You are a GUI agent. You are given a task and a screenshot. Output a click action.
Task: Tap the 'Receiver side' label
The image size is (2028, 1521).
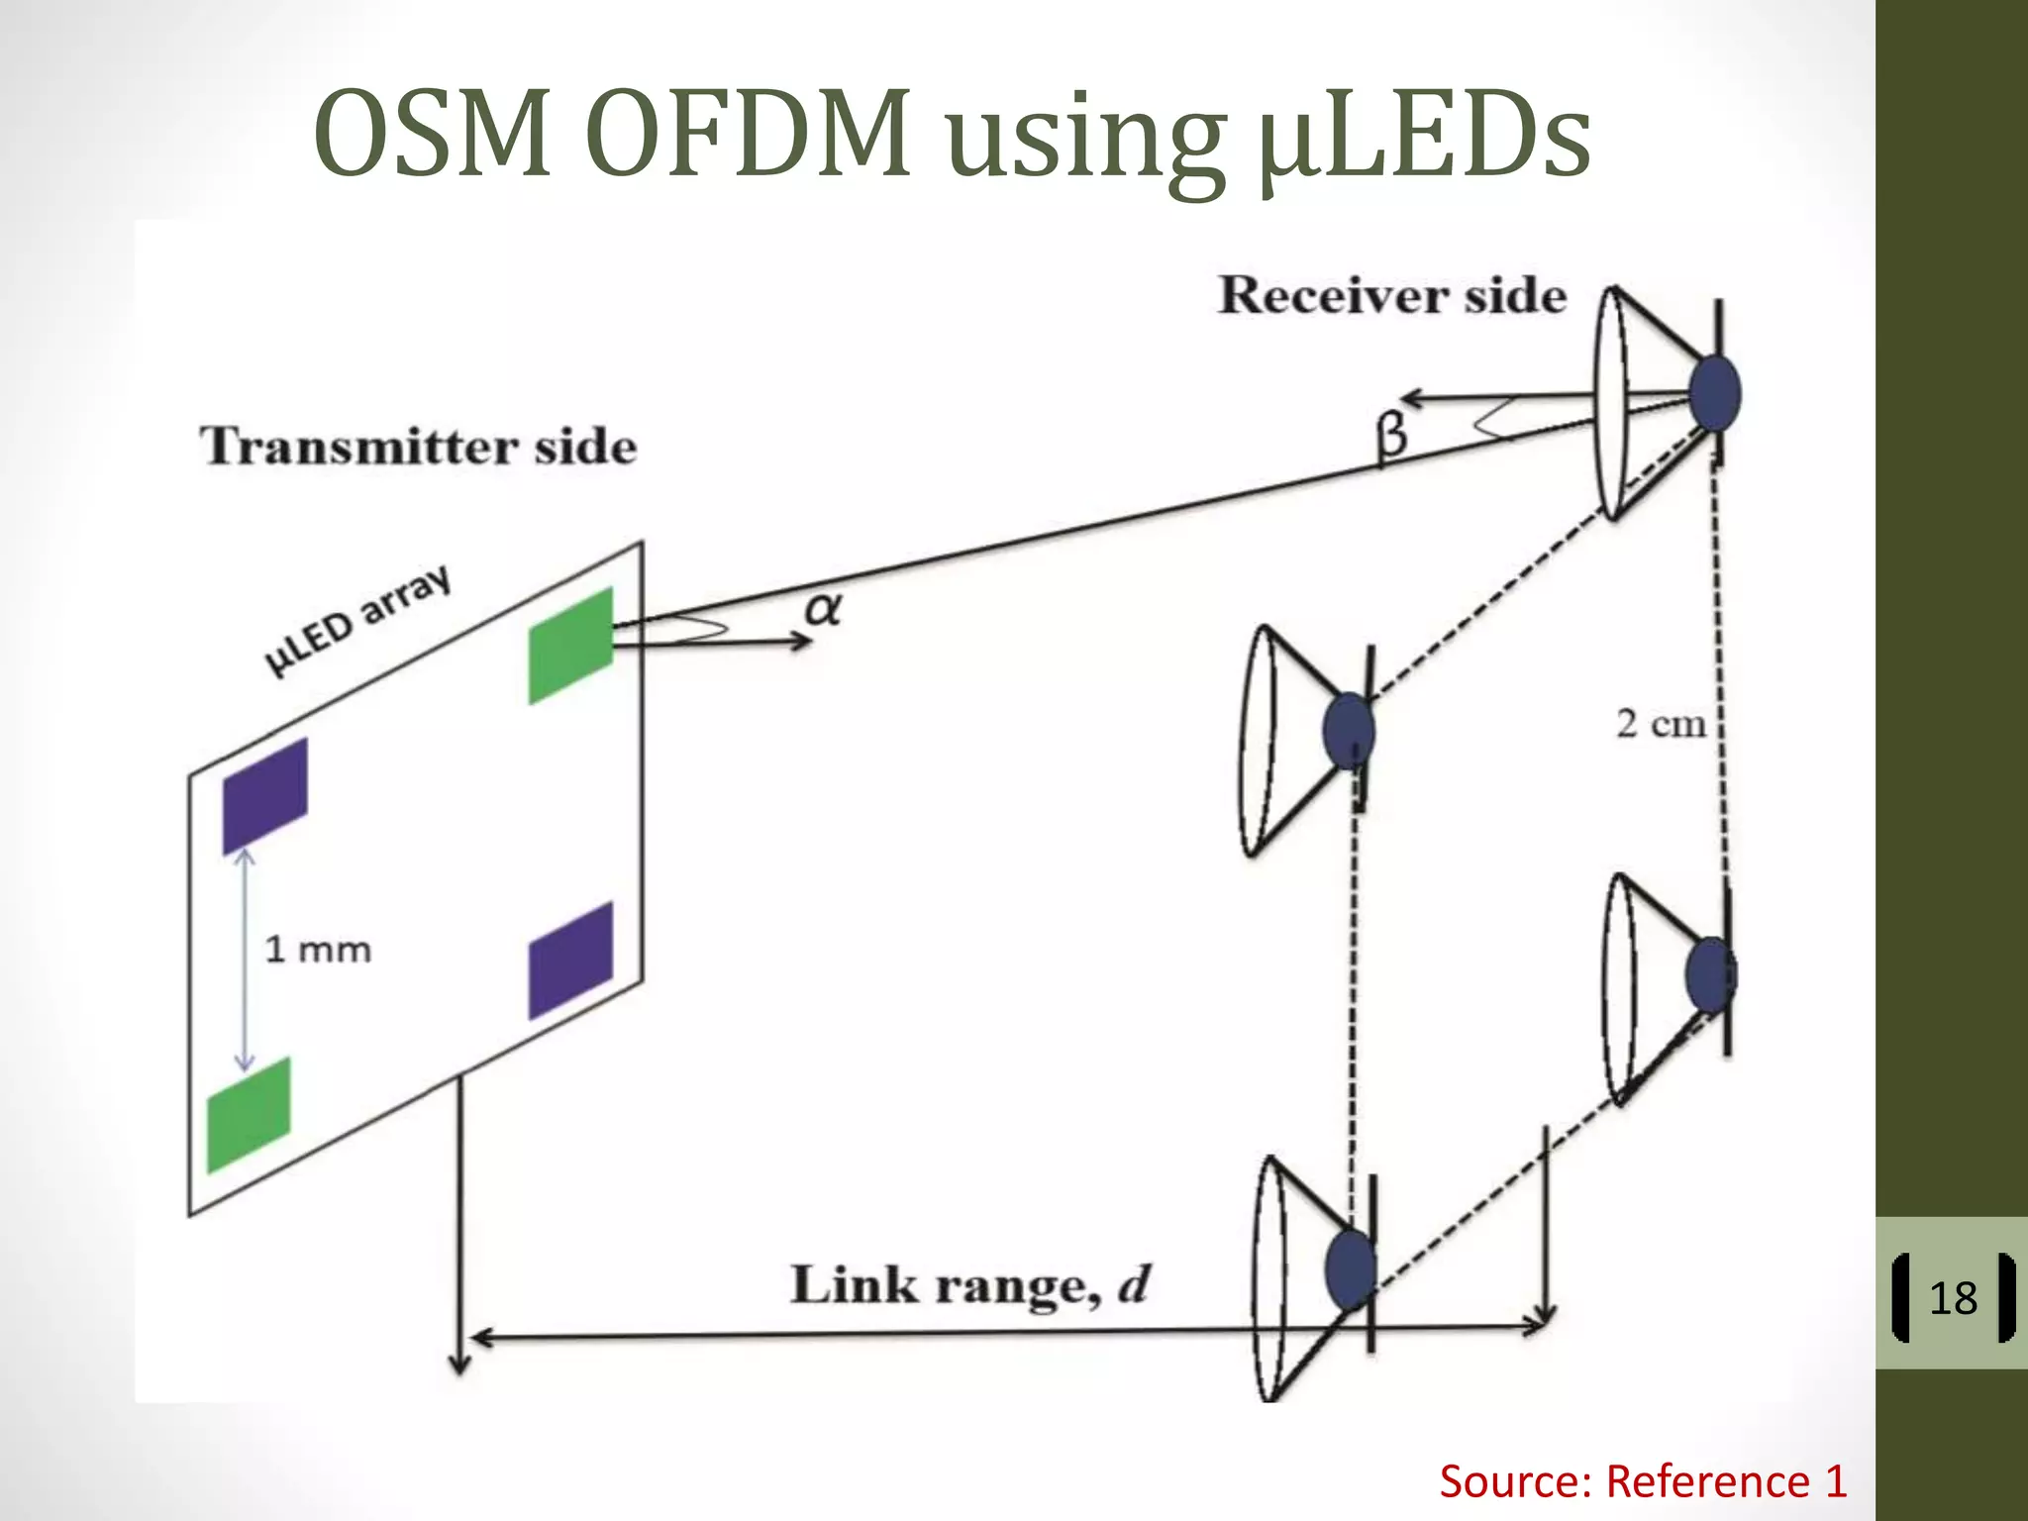tap(1391, 295)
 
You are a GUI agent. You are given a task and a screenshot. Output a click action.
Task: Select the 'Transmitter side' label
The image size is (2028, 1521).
tap(418, 446)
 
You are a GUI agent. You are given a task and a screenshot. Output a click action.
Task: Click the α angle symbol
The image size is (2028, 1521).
tap(823, 608)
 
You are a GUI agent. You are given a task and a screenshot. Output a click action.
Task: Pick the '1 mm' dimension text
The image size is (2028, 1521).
tap(318, 950)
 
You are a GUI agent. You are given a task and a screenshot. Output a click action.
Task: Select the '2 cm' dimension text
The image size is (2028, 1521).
tap(1661, 724)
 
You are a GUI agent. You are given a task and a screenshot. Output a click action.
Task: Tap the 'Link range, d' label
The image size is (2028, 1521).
tap(969, 1285)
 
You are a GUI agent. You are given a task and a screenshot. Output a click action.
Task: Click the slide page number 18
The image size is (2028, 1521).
tap(1953, 1298)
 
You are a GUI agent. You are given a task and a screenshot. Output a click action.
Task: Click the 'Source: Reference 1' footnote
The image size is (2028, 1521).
tap(1643, 1481)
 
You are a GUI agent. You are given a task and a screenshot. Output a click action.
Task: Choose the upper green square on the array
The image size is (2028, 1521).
tap(570, 645)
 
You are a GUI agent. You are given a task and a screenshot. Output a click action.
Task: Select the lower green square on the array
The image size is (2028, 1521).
tap(249, 1115)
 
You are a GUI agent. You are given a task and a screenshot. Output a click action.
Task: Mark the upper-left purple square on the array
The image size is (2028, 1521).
tap(264, 795)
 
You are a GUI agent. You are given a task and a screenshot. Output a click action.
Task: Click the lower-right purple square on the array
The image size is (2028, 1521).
tap(570, 960)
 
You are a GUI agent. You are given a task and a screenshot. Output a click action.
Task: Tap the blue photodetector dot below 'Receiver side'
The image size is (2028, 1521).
tap(1714, 393)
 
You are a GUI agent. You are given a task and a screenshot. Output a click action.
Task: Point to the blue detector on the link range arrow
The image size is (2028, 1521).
tap(1350, 1267)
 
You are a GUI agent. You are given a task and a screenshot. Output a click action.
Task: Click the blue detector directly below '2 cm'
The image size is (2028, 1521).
tap(1710, 974)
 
